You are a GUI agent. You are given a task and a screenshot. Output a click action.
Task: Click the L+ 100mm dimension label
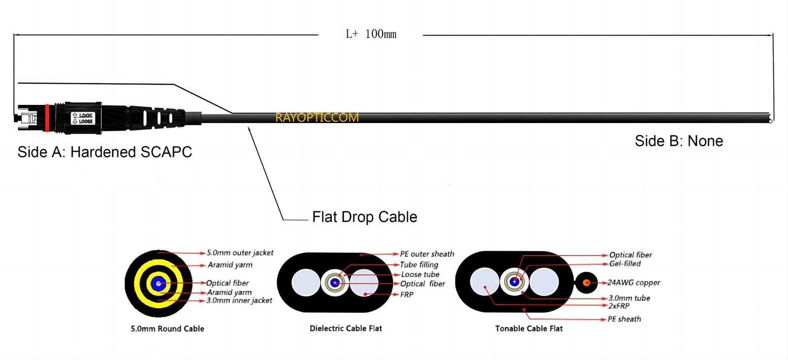(x=371, y=34)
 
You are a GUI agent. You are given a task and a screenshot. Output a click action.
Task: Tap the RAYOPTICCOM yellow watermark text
(x=317, y=118)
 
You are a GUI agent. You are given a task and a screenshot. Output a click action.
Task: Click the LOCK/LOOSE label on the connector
(x=82, y=118)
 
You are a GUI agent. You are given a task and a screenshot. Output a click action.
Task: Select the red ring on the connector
(x=47, y=118)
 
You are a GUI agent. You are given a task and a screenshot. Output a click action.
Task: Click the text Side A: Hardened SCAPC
(x=104, y=152)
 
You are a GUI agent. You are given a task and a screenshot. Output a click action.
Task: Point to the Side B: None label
(x=679, y=141)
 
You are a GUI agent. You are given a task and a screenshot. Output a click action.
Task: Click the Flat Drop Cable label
(x=364, y=217)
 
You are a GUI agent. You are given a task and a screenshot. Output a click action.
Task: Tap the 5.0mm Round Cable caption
(x=167, y=328)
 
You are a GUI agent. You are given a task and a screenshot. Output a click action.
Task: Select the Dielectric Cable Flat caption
(x=346, y=328)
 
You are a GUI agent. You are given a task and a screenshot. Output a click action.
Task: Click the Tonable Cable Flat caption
(x=529, y=328)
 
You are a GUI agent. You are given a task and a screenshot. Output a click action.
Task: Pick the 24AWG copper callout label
(x=634, y=283)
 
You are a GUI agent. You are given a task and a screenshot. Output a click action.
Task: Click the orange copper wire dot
(x=587, y=283)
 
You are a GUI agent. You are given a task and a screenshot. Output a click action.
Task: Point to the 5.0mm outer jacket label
(x=240, y=253)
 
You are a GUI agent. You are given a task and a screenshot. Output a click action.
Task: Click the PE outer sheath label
(x=427, y=254)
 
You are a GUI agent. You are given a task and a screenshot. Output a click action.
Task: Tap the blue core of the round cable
(x=158, y=283)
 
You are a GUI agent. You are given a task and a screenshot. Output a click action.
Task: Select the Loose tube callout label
(x=420, y=274)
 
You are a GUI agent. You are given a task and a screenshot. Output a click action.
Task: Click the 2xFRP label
(x=619, y=306)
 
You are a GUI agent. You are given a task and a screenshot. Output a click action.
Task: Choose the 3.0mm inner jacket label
(x=239, y=300)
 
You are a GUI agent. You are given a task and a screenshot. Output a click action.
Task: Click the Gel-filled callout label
(x=625, y=264)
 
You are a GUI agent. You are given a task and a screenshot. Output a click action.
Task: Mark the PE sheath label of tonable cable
(x=624, y=319)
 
